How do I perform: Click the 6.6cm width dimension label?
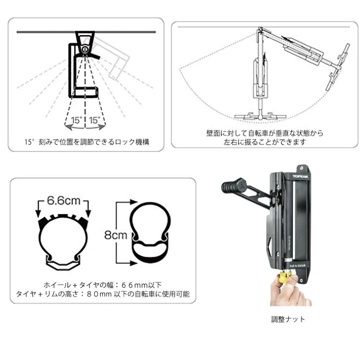63,201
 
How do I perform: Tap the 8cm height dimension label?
115,235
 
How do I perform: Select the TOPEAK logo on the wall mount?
300,176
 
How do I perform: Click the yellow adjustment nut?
285,276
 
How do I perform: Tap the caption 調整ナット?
287,319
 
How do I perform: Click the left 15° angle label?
76,120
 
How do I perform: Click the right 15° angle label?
94,120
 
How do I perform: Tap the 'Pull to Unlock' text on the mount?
297,265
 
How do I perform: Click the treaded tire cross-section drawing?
63,242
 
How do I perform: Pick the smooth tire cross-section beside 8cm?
150,233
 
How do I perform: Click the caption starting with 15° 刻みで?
87,142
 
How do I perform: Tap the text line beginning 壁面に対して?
264,133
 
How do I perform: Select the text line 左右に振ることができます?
265,142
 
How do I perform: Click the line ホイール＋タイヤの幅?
102,285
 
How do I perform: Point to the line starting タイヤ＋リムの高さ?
103,294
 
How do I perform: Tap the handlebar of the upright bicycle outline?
260,116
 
